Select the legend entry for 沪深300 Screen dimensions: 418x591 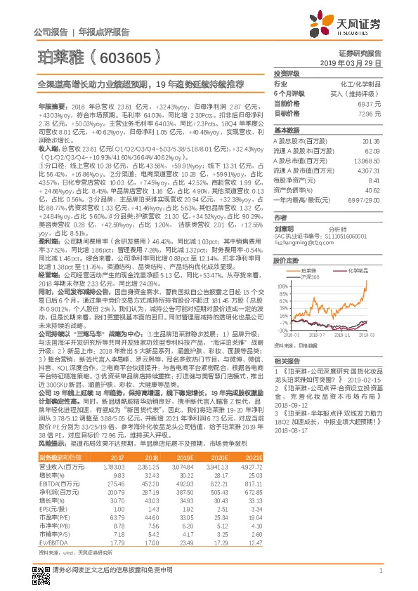pyautogui.click(x=289, y=278)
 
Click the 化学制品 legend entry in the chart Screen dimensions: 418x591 pyautogui.click(x=360, y=270)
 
